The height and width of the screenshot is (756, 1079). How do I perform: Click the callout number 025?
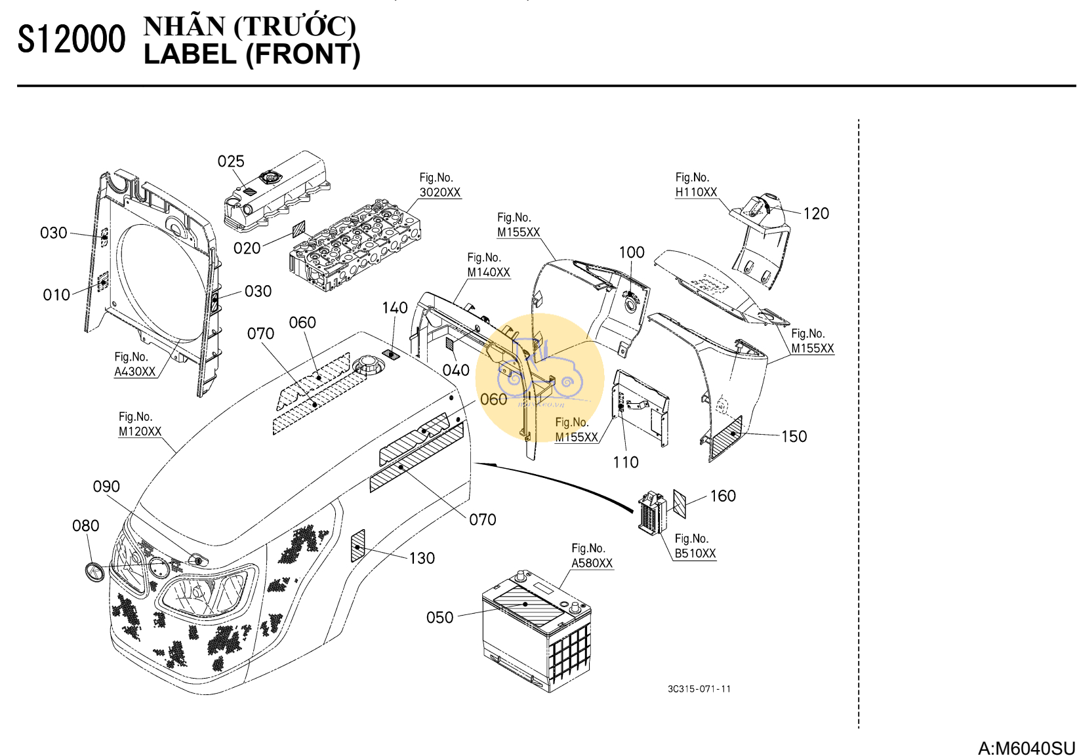pyautogui.click(x=231, y=161)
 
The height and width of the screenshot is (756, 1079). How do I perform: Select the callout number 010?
pyautogui.click(x=56, y=295)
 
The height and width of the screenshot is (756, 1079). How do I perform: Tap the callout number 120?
pyautogui.click(x=816, y=214)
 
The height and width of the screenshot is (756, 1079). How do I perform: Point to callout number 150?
pyautogui.click(x=794, y=437)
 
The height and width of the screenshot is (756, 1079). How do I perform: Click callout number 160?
pyautogui.click(x=723, y=496)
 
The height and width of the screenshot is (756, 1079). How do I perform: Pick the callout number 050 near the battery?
pyautogui.click(x=439, y=618)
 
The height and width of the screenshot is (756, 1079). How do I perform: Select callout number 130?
pyautogui.click(x=422, y=559)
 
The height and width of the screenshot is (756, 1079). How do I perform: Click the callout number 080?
pyautogui.click(x=86, y=526)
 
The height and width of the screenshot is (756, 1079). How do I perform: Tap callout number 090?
pyautogui.click(x=106, y=487)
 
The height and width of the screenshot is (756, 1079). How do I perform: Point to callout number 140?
pyautogui.click(x=395, y=308)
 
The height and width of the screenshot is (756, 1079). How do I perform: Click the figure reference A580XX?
pyautogui.click(x=592, y=563)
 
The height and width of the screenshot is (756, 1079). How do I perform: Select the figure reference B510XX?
pyautogui.click(x=695, y=553)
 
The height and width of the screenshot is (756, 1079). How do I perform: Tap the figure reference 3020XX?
pyautogui.click(x=440, y=193)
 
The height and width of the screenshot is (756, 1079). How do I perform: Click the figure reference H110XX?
pyautogui.click(x=696, y=192)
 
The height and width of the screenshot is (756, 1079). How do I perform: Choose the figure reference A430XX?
pyautogui.click(x=135, y=372)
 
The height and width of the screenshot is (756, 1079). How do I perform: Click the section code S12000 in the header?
pyautogui.click(x=71, y=39)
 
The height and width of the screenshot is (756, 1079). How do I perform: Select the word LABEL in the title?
pyautogui.click(x=190, y=54)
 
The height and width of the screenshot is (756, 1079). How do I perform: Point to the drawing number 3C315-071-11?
pyautogui.click(x=699, y=689)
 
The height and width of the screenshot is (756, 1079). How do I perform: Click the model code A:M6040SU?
pyautogui.click(x=1027, y=748)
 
